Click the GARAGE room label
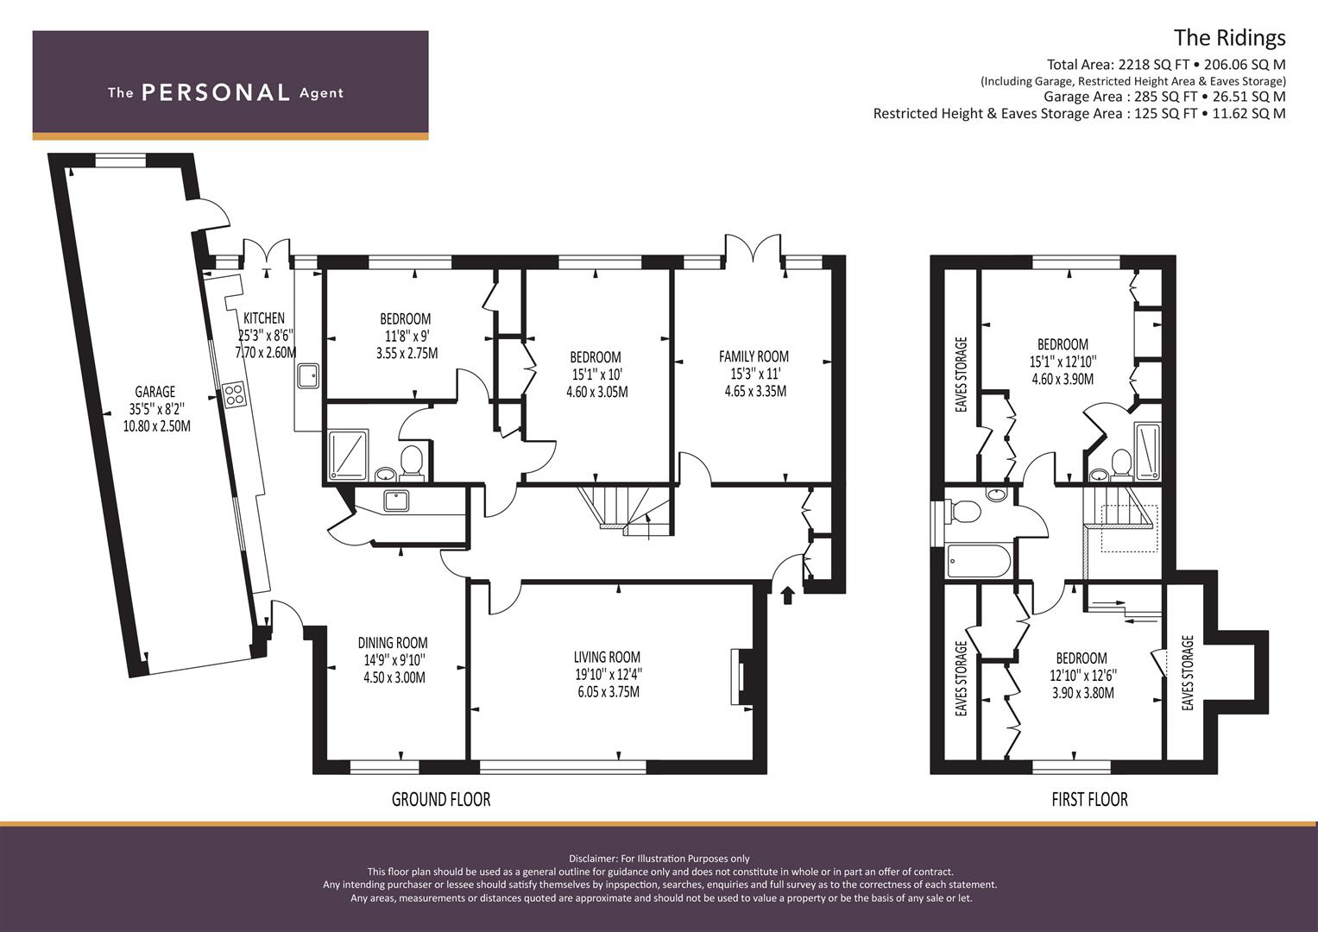pyautogui.click(x=155, y=392)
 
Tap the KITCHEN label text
pyautogui.click(x=264, y=318)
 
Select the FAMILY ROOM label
pyautogui.click(x=754, y=356)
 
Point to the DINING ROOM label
pyautogui.click(x=393, y=643)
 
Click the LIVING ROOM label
pyautogui.click(x=608, y=658)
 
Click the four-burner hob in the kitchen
pyautogui.click(x=234, y=394)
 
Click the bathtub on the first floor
pyautogui.click(x=979, y=561)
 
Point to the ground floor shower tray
pyautogui.click(x=349, y=454)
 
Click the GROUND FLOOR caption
pyautogui.click(x=441, y=799)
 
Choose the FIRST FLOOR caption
pyautogui.click(x=1090, y=799)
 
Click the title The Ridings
pyautogui.click(x=1230, y=38)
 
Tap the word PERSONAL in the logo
pyautogui.click(x=216, y=92)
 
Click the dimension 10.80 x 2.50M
pyautogui.click(x=156, y=426)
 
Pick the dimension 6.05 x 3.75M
pyautogui.click(x=609, y=691)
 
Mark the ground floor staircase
pyautogui.click(x=624, y=509)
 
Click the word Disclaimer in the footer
pyautogui.click(x=593, y=859)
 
